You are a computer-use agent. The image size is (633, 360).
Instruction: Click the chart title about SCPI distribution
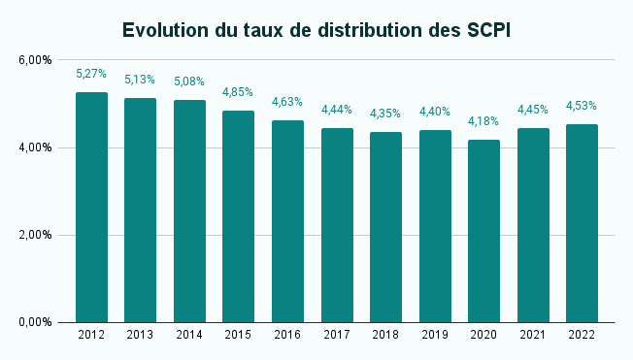pyautogui.click(x=316, y=30)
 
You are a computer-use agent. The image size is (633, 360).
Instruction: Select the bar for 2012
pyautogui.click(x=91, y=208)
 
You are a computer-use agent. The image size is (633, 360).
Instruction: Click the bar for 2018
pyautogui.click(x=385, y=227)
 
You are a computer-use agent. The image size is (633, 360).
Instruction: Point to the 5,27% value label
pyautogui.click(x=91, y=74)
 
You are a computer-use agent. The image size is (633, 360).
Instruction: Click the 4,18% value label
pyautogui.click(x=483, y=121)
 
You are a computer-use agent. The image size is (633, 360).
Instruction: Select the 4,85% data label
pyautogui.click(x=238, y=92)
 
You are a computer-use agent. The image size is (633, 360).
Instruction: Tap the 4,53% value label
pyautogui.click(x=582, y=106)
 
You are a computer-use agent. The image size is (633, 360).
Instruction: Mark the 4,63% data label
pyautogui.click(x=287, y=102)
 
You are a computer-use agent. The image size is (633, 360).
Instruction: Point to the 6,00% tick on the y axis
pyautogui.click(x=35, y=60)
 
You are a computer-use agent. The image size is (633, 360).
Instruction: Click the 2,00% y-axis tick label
pyautogui.click(x=35, y=235)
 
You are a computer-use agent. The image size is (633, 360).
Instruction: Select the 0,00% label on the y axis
pyautogui.click(x=35, y=322)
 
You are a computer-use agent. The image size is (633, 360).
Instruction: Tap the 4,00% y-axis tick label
pyautogui.click(x=35, y=147)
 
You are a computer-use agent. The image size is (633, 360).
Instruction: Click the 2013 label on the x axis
pyautogui.click(x=140, y=335)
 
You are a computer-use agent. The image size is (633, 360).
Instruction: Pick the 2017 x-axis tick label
pyautogui.click(x=336, y=335)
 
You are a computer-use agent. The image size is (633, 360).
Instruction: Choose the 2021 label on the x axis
pyautogui.click(x=532, y=335)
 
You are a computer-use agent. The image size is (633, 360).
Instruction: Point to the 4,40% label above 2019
pyautogui.click(x=434, y=112)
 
